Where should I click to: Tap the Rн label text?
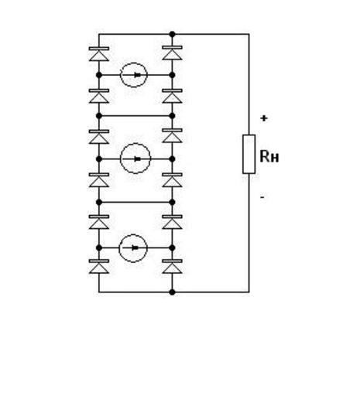269,157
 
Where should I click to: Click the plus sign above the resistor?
264,118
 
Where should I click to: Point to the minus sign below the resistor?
262,198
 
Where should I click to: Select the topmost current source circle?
134,63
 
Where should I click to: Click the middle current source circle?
135,143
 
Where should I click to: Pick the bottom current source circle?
133,234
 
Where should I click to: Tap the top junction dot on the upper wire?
172,34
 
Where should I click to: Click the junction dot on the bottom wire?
172,292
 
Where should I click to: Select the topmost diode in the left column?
99,54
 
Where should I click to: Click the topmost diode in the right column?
172,53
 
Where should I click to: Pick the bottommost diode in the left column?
99,266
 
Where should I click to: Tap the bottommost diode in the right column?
172,266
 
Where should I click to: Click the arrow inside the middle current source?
135,159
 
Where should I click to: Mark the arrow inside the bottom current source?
132,248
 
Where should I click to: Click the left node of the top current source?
99,75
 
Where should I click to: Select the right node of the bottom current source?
172,248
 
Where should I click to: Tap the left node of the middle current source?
99,159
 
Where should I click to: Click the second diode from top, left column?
99,96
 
